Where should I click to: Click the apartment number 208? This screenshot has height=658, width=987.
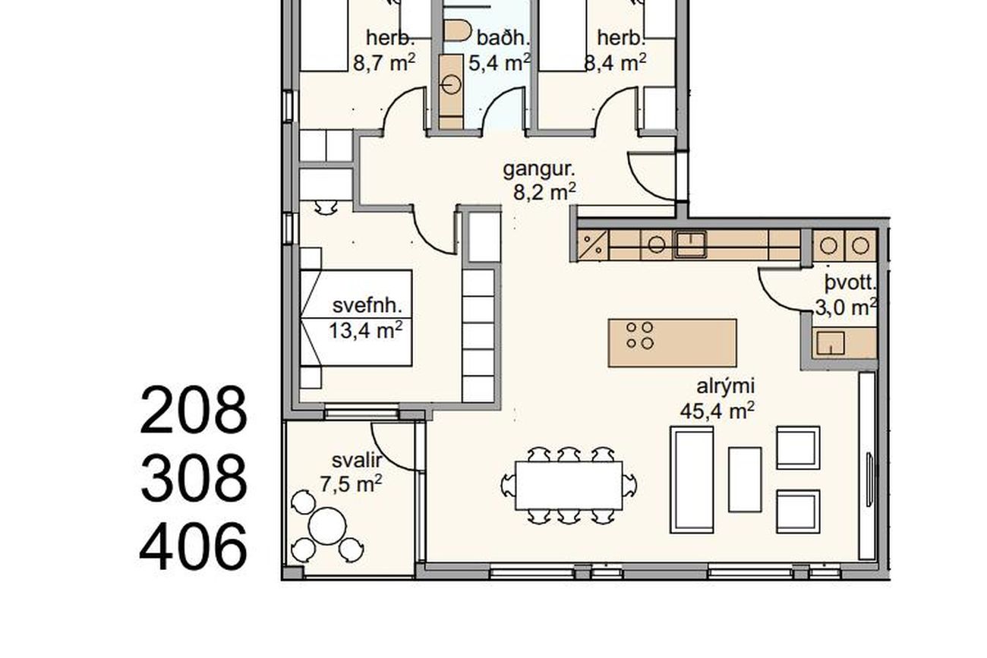pyautogui.click(x=194, y=410)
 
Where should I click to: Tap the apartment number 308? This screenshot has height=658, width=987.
pyautogui.click(x=194, y=478)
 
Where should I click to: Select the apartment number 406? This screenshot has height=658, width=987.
pyautogui.click(x=193, y=546)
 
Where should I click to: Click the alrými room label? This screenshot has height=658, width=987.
pyautogui.click(x=725, y=386)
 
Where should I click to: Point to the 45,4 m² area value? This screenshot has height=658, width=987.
pyautogui.click(x=717, y=411)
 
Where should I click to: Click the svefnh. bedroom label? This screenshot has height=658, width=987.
pyautogui.click(x=367, y=305)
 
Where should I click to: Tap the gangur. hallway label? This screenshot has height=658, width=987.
pyautogui.click(x=539, y=170)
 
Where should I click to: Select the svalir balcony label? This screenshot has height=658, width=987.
pyautogui.click(x=357, y=461)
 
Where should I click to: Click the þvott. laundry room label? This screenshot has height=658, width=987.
pyautogui.click(x=851, y=283)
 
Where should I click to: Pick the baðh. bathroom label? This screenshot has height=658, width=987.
pyautogui.click(x=503, y=38)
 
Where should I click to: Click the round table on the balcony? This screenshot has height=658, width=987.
pyautogui.click(x=327, y=526)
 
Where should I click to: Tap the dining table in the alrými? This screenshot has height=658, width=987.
pyautogui.click(x=569, y=486)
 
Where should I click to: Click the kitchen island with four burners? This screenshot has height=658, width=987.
pyautogui.click(x=673, y=342)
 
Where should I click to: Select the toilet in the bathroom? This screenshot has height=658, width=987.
pyautogui.click(x=457, y=30)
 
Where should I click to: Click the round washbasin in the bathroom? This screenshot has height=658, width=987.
pyautogui.click(x=451, y=84)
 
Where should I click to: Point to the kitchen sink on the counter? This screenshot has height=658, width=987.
pyautogui.click(x=691, y=244)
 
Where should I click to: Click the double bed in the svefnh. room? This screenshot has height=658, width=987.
pyautogui.click(x=356, y=318)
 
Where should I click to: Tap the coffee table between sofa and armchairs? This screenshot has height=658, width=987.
pyautogui.click(x=745, y=480)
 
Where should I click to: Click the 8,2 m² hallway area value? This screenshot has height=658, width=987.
pyautogui.click(x=545, y=193)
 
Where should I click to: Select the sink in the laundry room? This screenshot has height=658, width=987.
pyautogui.click(x=831, y=343)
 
